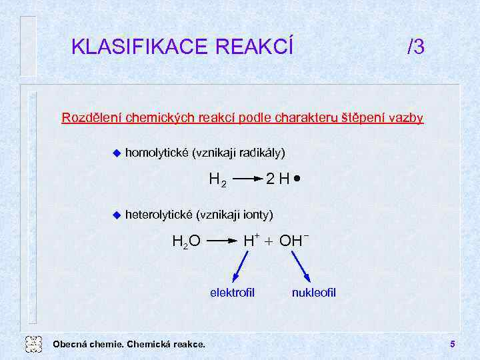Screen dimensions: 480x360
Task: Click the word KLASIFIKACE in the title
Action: coord(139,47)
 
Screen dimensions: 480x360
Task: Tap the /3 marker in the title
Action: coord(415,47)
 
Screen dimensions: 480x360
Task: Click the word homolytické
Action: coord(157,153)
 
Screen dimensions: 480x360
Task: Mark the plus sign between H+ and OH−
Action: coord(269,241)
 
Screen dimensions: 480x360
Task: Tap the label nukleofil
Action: coord(313,293)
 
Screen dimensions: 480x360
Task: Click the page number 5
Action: coord(452,344)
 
